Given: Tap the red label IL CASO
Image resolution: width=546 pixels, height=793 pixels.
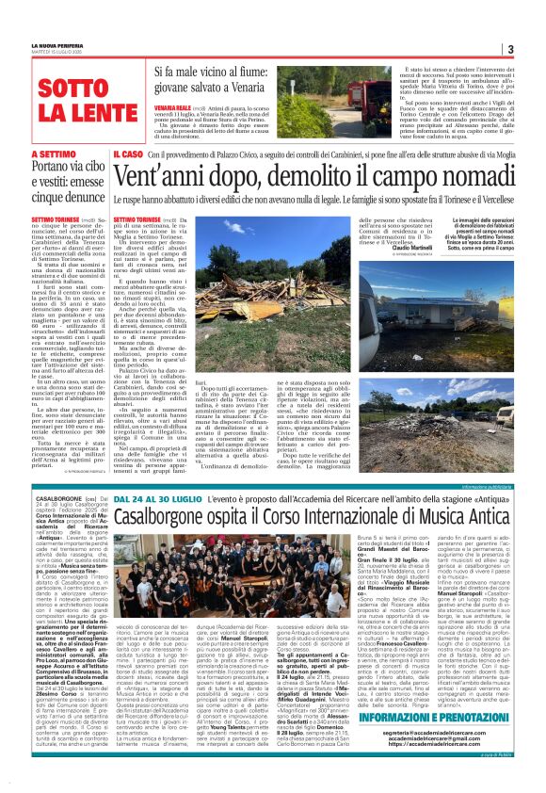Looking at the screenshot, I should click(127, 153).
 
